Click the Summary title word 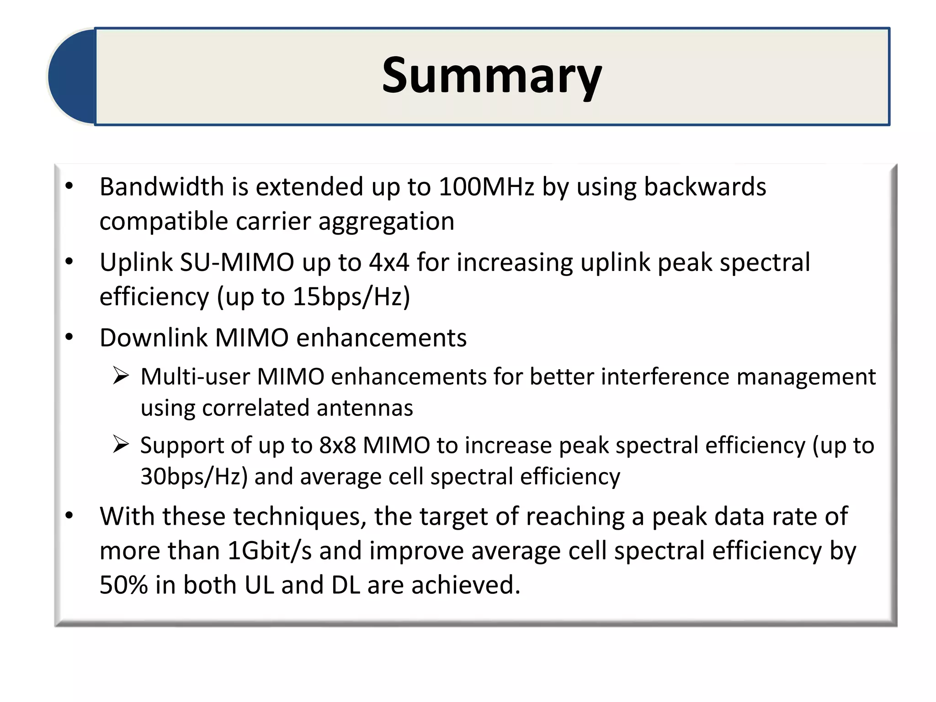pos(492,76)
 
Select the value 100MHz pos(486,187)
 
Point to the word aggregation pos(386,222)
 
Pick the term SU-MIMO pos(237,262)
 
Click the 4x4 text pos(389,262)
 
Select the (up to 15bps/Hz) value pos(313,297)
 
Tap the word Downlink pos(154,338)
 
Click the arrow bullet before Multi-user pos(121,376)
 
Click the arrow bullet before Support pos(121,444)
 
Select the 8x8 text pos(337,445)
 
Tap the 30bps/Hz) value pos(194,477)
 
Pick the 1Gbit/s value pos(269,551)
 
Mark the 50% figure pos(123,585)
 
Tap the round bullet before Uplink pos(69,262)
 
